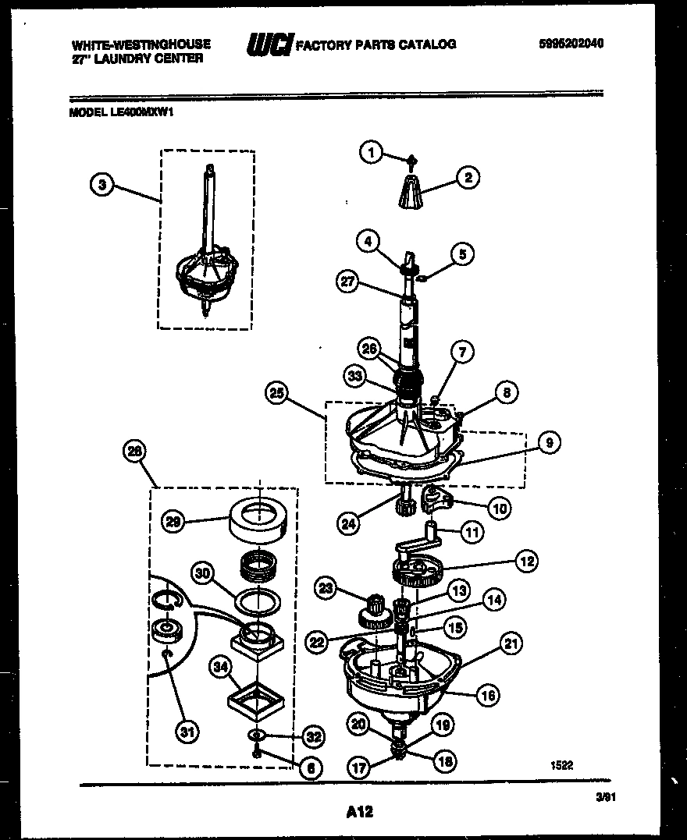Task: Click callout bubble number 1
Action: tap(372, 153)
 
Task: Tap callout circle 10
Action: tap(500, 509)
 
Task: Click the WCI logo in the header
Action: tap(269, 46)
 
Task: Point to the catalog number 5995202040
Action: tap(571, 44)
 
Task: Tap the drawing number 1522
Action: tap(561, 765)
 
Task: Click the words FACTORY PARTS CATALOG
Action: tap(376, 44)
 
